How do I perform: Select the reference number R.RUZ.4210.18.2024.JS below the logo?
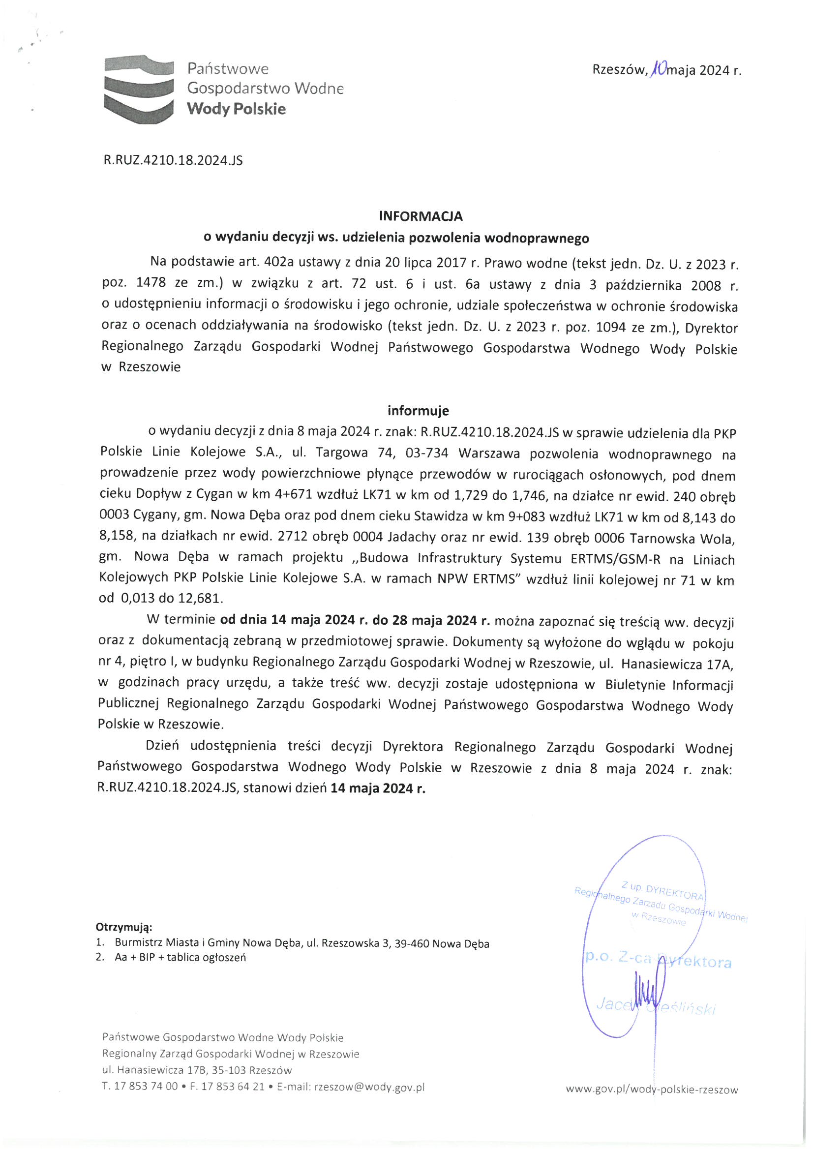(x=173, y=160)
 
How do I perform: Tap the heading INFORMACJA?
(x=421, y=216)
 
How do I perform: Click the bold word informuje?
(x=418, y=411)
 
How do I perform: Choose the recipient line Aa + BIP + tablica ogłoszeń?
(x=181, y=958)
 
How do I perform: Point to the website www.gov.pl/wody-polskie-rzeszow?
(x=652, y=1089)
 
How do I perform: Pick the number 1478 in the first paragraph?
(x=151, y=283)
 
